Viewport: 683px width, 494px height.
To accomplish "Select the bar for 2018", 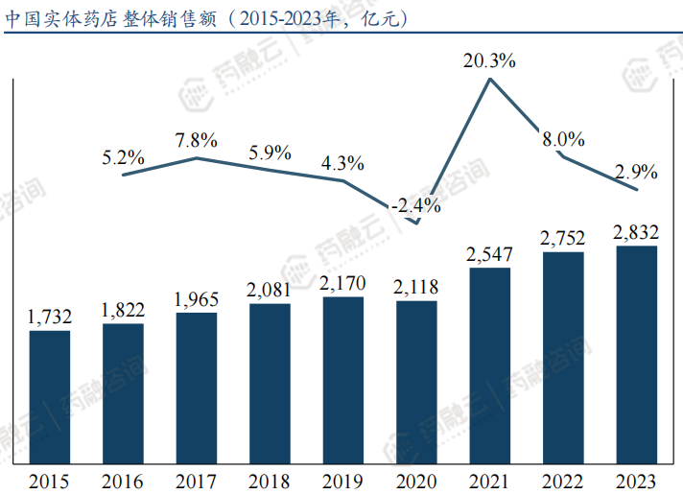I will pos(270,384).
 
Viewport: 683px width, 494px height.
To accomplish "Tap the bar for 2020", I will pos(416,383).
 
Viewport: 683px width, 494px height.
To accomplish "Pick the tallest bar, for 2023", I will pos(636,355).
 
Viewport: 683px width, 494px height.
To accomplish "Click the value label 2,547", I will pos(490,255).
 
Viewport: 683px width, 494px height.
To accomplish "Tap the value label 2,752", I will pos(563,238).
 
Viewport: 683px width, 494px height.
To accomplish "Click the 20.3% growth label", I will pos(490,60).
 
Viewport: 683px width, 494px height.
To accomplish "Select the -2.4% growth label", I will pos(416,204).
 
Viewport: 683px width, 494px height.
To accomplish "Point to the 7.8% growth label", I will pos(197,140).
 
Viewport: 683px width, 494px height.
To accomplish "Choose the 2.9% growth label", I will pos(636,173).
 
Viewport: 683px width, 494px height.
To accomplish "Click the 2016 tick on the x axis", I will pos(123,480).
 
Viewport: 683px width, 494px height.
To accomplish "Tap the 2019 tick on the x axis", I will pos(343,480).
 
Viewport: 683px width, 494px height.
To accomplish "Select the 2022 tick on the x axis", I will pos(563,480).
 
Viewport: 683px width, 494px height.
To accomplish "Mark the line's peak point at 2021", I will pos(490,79).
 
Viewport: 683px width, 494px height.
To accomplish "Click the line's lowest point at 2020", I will pos(416,223).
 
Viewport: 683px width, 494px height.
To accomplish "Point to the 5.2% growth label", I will pos(123,156).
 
